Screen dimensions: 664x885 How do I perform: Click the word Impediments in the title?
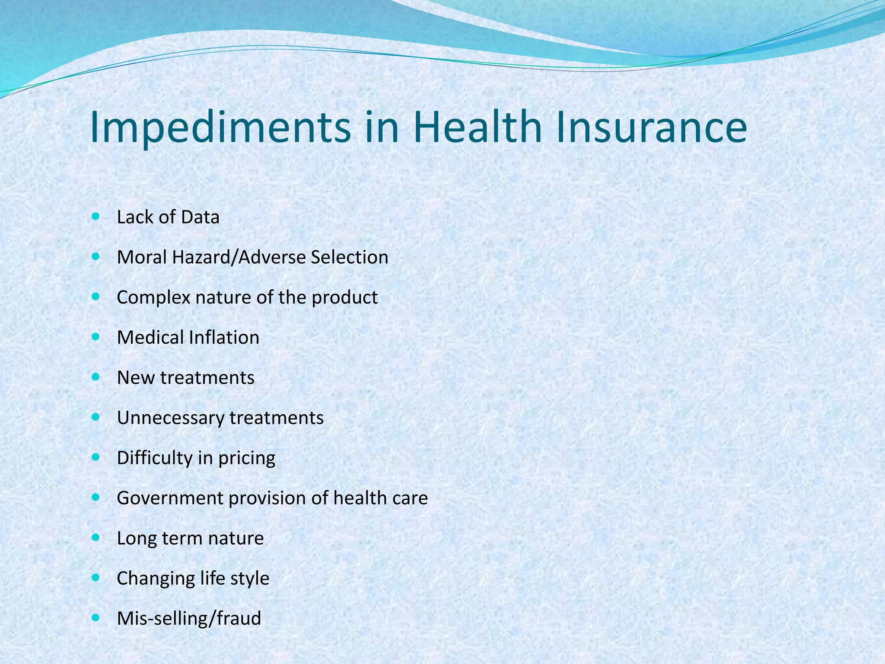click(220, 128)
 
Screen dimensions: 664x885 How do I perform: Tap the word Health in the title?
click(477, 128)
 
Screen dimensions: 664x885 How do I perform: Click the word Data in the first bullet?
click(200, 217)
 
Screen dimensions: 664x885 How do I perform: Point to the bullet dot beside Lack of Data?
click(96, 216)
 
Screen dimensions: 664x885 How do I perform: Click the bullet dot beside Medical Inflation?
click(96, 337)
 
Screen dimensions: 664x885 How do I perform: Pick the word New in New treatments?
click(136, 378)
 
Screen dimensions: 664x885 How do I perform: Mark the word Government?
click(169, 498)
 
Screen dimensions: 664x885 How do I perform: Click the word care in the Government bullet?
click(410, 498)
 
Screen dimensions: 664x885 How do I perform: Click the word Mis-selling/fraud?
click(189, 619)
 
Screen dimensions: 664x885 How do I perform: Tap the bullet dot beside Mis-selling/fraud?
click(96, 618)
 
